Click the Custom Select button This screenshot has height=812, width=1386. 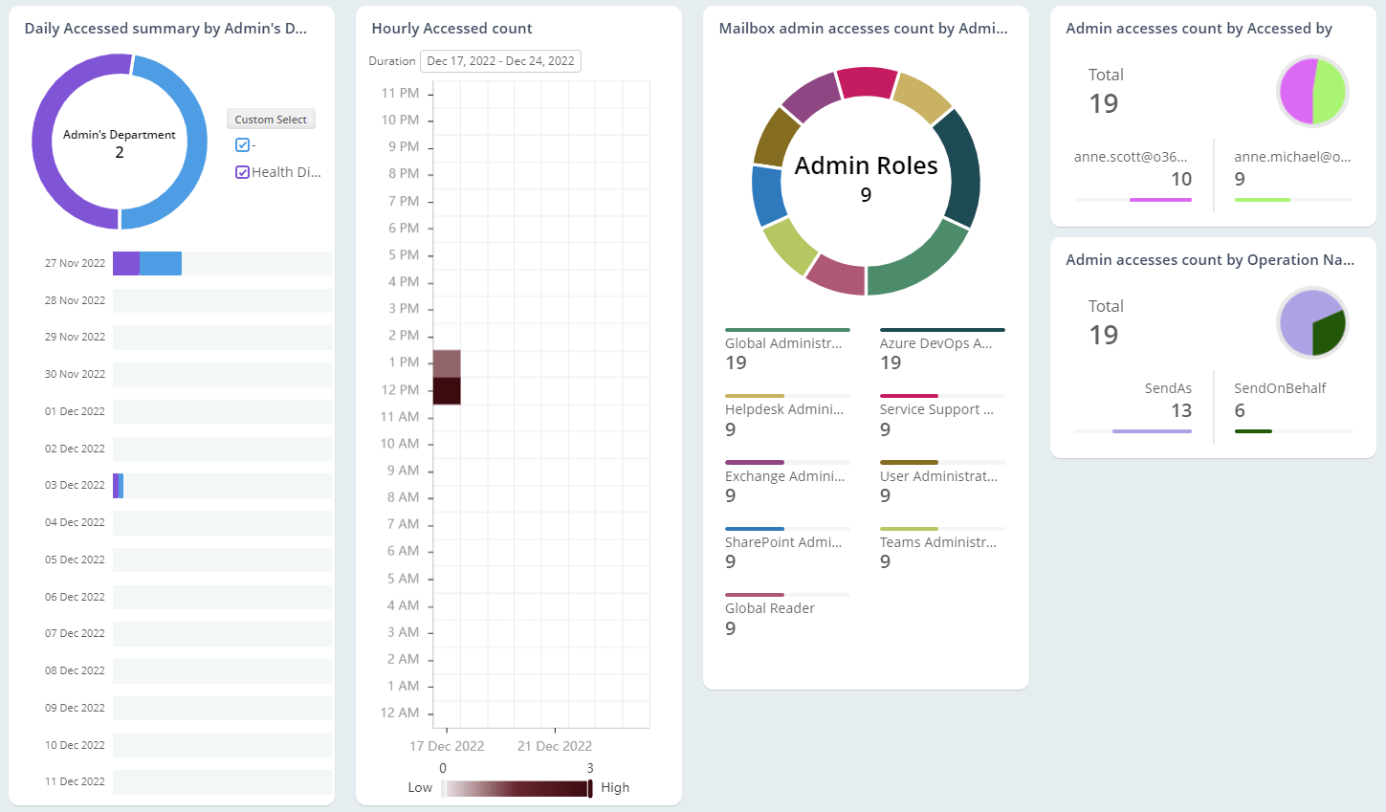(271, 120)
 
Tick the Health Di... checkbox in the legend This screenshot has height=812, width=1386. (243, 172)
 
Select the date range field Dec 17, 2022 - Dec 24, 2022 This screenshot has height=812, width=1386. (500, 61)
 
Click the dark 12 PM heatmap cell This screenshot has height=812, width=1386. (447, 390)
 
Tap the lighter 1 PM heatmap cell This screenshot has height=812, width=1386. (447, 363)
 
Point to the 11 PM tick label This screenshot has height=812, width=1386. (400, 93)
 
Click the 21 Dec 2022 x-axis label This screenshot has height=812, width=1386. (555, 746)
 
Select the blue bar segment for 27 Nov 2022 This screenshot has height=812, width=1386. (160, 264)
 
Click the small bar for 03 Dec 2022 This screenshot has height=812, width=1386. (118, 486)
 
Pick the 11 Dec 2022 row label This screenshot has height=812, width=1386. (75, 781)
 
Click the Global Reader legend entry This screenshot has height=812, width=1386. (770, 608)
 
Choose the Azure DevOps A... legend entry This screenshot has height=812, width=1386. (935, 343)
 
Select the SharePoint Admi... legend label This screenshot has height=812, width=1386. (783, 542)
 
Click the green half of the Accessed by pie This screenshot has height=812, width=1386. (1331, 92)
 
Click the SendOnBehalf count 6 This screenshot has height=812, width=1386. (1240, 410)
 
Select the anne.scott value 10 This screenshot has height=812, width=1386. (1181, 179)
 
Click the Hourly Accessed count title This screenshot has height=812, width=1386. (451, 29)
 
